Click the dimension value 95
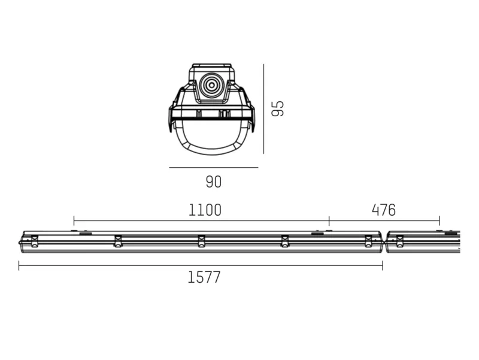pos(277,108)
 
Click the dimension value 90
pos(214,182)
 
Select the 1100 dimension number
pos(205,210)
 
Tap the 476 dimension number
pos(384,210)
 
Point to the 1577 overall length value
pos(204,277)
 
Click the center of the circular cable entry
pos(211,85)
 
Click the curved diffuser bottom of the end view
pos(213,150)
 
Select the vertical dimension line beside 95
pos(263,109)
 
